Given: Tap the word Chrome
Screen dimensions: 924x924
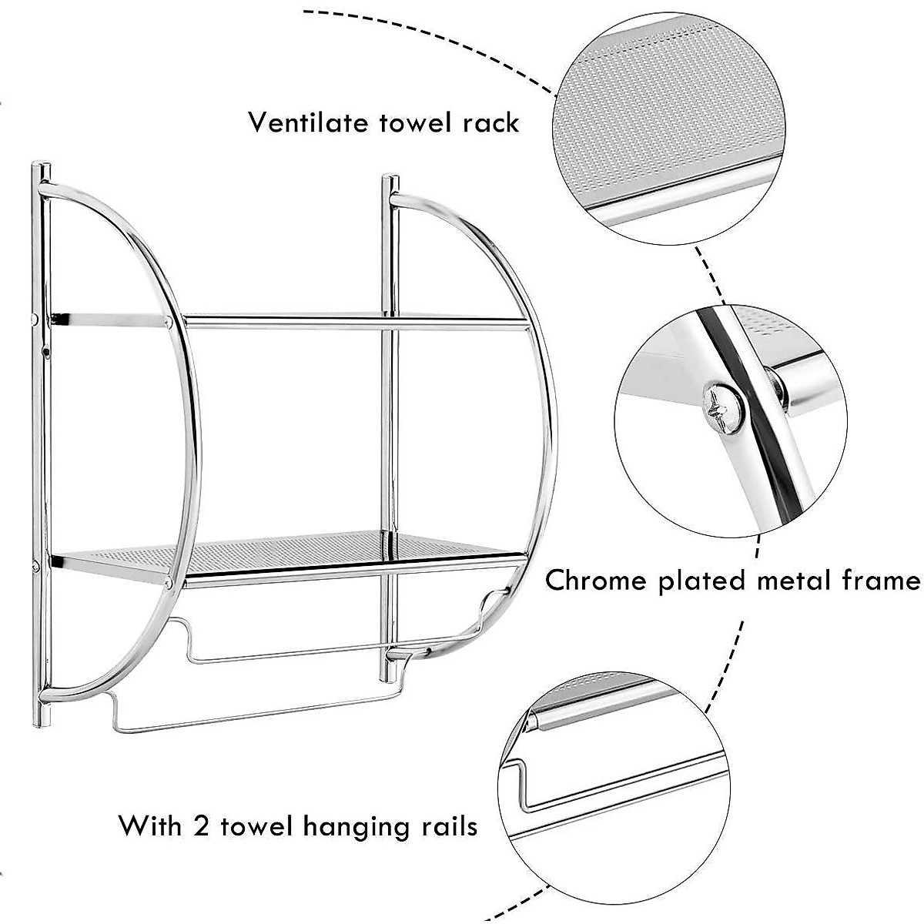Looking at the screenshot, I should (595, 580).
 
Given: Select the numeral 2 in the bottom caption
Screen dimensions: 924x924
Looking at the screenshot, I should (202, 826).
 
